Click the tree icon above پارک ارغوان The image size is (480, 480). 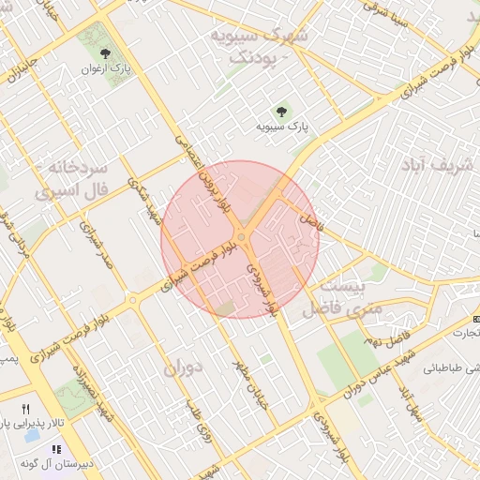click(x=105, y=52)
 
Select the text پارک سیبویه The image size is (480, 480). click(x=285, y=125)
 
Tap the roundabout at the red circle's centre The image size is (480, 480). click(x=241, y=238)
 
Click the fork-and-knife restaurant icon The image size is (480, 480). click(x=26, y=409)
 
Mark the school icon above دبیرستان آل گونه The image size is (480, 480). click(x=55, y=448)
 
